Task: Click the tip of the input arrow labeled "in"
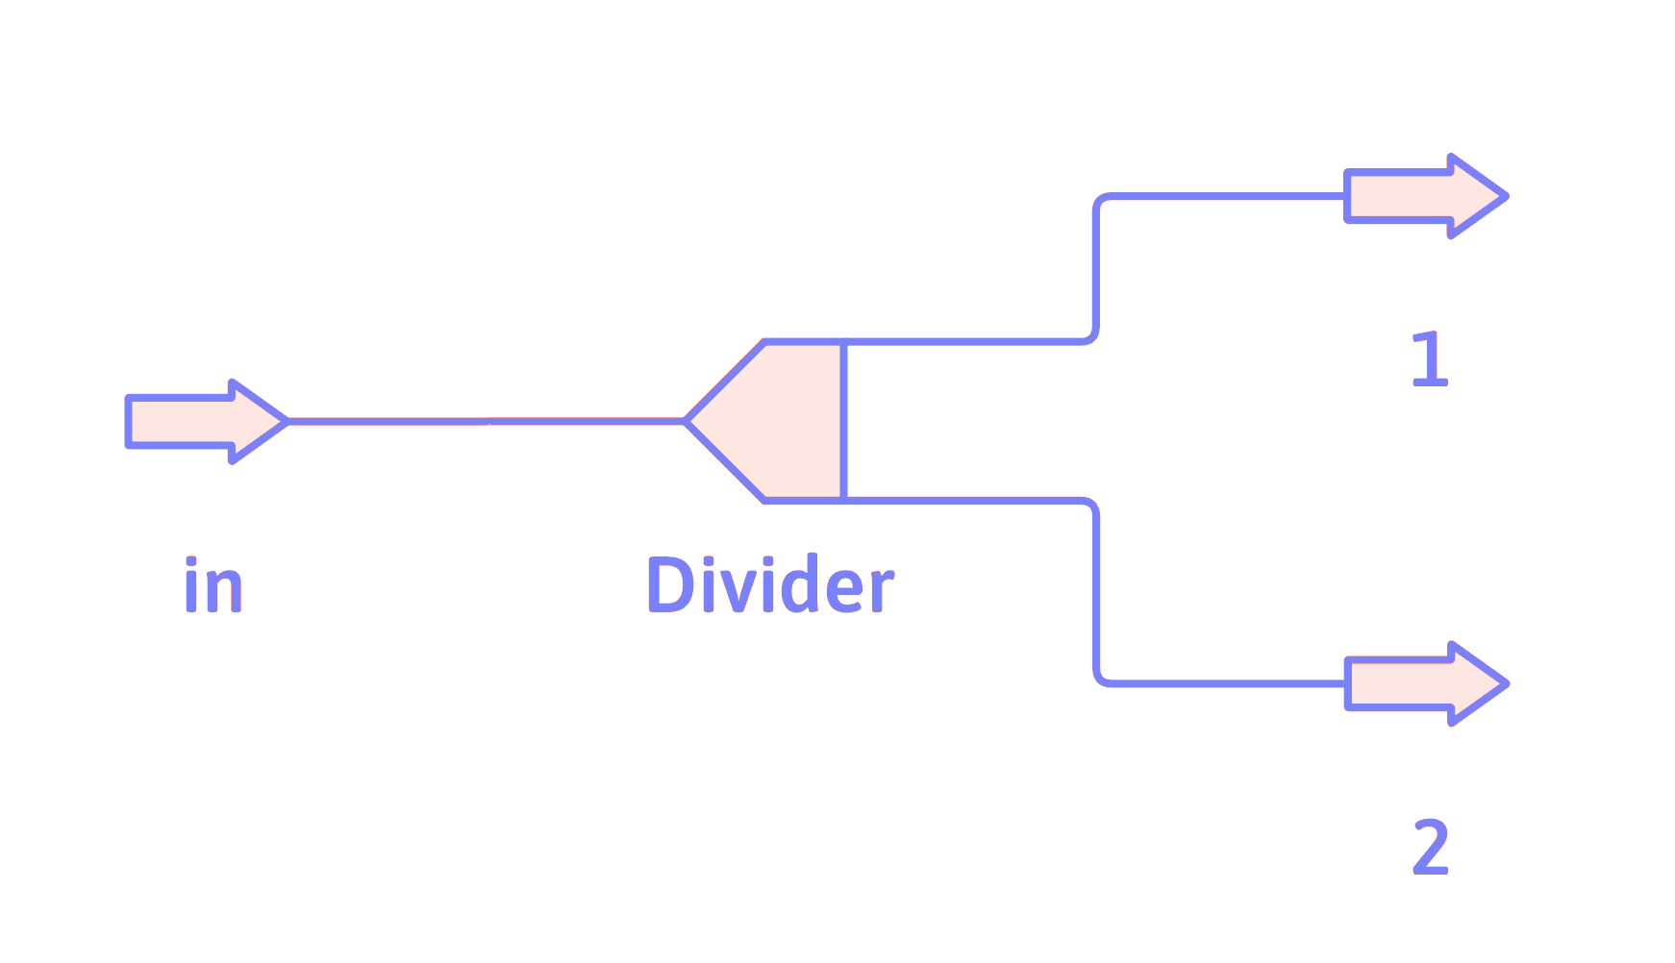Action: [x=287, y=421]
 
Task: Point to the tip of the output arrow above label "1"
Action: [x=1507, y=196]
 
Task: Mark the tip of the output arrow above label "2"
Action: [x=1507, y=683]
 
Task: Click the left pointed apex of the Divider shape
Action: [x=686, y=421]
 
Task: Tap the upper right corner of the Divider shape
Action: [x=843, y=341]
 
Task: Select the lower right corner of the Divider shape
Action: [x=843, y=500]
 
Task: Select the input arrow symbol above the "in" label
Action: [x=207, y=421]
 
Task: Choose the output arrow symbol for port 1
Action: [x=1426, y=196]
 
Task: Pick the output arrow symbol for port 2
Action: [x=1426, y=683]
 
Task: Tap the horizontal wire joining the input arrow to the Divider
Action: [x=487, y=421]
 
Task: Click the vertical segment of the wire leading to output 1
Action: [x=1096, y=269]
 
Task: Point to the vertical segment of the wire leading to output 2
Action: [x=1096, y=591]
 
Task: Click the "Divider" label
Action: [x=770, y=584]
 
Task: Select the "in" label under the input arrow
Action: [x=212, y=584]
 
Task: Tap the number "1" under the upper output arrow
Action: [x=1430, y=359]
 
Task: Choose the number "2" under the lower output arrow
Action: [x=1431, y=847]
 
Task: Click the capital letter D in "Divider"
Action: [x=670, y=584]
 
